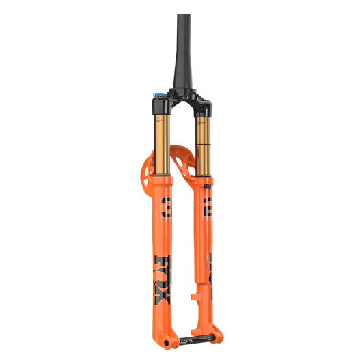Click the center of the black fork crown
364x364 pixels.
click(182, 102)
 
